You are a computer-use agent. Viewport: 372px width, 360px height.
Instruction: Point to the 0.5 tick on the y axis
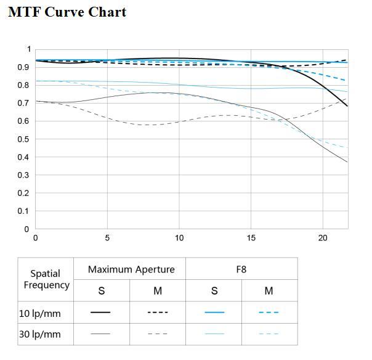coord(23,139)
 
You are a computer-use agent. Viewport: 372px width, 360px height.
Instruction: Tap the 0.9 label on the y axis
coord(23,67)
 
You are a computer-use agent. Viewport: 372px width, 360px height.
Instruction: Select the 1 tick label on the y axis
coord(29,49)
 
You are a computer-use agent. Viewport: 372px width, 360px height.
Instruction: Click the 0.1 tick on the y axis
coord(23,211)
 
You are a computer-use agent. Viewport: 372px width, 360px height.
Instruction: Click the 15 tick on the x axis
coord(251,238)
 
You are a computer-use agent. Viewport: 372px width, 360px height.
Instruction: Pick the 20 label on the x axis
coord(323,238)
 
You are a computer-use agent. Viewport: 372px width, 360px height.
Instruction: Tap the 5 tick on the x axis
coord(107,238)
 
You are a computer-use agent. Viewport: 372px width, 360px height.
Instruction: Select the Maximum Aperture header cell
coord(131,269)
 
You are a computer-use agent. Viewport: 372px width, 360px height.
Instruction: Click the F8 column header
coord(241,269)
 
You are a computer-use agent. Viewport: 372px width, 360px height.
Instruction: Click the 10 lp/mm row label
coord(40,313)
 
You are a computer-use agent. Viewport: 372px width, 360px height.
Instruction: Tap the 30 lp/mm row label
coord(40,334)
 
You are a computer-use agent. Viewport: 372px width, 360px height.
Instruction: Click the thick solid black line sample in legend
coord(100,313)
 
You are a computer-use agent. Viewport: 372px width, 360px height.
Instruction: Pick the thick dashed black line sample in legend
coord(158,313)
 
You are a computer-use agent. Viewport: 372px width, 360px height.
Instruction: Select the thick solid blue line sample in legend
coord(214,313)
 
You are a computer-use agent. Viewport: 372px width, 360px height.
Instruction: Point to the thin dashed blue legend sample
coord(269,334)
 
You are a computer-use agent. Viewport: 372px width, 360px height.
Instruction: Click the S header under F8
coord(214,291)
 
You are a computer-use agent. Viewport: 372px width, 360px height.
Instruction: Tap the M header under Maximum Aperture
coord(158,291)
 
